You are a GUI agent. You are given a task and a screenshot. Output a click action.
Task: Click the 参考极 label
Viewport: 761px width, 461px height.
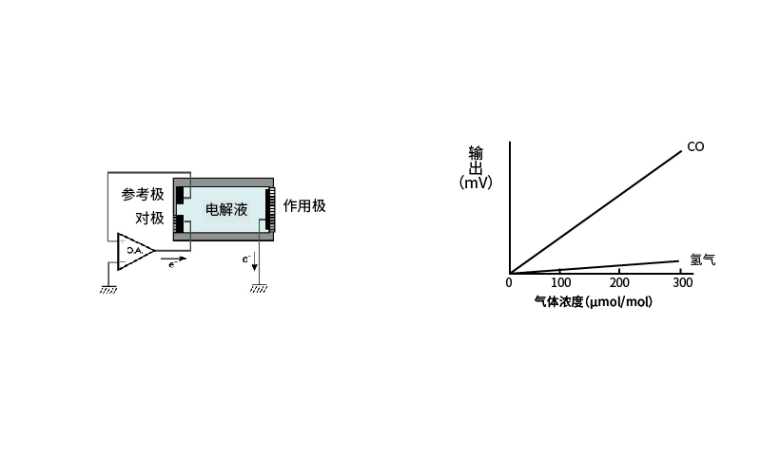[x=143, y=195]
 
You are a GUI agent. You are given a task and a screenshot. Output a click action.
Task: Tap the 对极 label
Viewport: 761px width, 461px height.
[x=149, y=218]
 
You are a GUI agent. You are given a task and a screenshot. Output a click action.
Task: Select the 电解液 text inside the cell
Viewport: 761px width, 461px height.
[x=226, y=209]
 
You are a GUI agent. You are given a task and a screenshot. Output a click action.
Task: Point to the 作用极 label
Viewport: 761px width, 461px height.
[x=304, y=206]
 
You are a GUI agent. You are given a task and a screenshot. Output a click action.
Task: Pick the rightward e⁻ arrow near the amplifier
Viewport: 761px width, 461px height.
[x=174, y=259]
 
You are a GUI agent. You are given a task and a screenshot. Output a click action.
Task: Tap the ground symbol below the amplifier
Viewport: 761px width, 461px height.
[x=108, y=290]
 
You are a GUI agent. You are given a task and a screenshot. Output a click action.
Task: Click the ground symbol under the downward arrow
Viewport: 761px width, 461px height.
[x=259, y=289]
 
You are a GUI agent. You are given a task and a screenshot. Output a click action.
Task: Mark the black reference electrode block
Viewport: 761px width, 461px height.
[x=180, y=195]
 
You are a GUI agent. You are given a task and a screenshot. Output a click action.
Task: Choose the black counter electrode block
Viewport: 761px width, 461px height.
[x=180, y=223]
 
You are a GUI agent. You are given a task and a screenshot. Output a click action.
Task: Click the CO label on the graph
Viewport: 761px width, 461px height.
[x=695, y=147]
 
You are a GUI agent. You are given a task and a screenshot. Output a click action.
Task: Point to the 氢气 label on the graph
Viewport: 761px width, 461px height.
[x=702, y=259]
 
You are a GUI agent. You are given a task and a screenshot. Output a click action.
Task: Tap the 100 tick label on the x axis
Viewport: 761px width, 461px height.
[x=560, y=282]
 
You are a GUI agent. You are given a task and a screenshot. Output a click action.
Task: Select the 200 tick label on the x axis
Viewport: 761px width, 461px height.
[x=619, y=282]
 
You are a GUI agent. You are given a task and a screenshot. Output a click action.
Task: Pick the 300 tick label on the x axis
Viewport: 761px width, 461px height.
[x=682, y=282]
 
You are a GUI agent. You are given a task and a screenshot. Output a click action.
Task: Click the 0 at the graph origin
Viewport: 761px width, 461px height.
[x=509, y=282]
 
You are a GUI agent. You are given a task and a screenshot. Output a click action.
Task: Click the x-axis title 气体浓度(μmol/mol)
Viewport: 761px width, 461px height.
[x=593, y=302]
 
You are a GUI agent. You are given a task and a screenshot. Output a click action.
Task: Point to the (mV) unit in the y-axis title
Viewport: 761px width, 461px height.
[x=476, y=182]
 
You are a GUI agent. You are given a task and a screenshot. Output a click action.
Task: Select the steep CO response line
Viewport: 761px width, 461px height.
[x=595, y=213]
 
